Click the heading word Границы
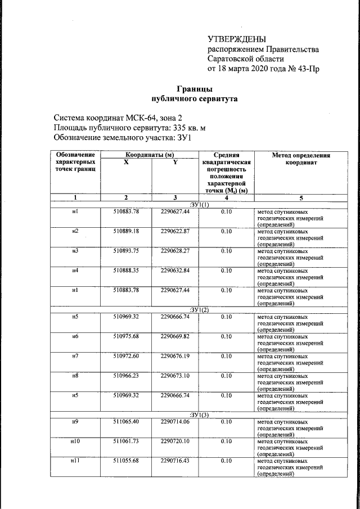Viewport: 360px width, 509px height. pyautogui.click(x=195, y=89)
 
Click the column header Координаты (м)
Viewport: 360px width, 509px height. pyautogui.click(x=149, y=154)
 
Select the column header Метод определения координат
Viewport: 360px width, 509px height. pyautogui.click(x=300, y=158)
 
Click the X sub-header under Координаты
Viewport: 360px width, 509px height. pyautogui.click(x=125, y=162)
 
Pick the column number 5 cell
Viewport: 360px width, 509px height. pyautogui.click(x=300, y=197)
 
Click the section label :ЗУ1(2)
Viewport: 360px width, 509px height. pyautogui.click(x=199, y=310)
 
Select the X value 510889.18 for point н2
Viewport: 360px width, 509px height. pyautogui.click(x=125, y=231)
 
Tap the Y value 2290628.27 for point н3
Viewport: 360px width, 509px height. pyautogui.click(x=175, y=251)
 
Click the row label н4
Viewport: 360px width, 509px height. pyautogui.click(x=75, y=271)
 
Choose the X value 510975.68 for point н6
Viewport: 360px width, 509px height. pyautogui.click(x=125, y=336)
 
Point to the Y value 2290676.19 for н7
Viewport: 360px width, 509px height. pyautogui.click(x=175, y=356)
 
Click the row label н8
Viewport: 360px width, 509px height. pyautogui.click(x=75, y=376)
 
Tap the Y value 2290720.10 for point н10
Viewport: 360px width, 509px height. pyautogui.click(x=175, y=442)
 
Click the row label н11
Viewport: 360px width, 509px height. pyautogui.click(x=75, y=461)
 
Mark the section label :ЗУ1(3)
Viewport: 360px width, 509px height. pyautogui.click(x=199, y=415)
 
